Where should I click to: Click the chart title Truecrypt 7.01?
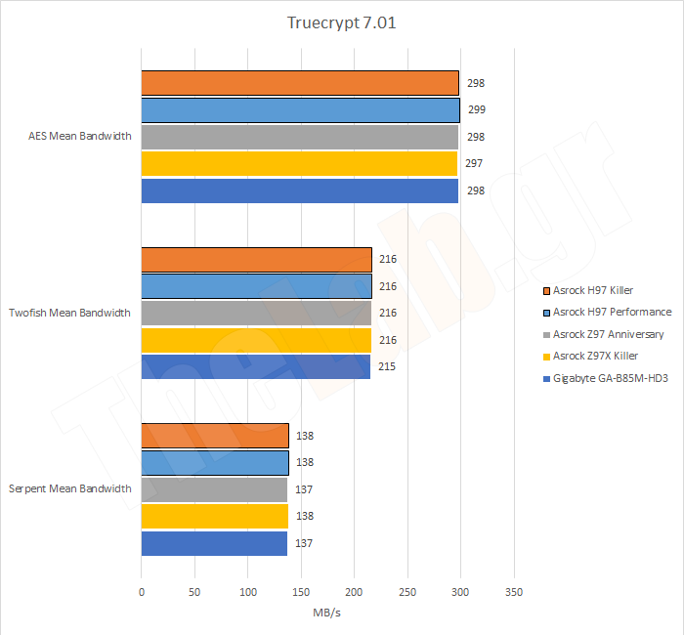342,22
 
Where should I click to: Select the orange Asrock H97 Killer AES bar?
300,83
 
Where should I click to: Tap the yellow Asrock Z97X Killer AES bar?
299,163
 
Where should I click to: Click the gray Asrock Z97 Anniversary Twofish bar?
256,313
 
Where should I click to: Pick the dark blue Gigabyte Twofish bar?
256,366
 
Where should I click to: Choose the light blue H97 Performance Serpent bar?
215,462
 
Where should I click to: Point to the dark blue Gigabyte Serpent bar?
214,543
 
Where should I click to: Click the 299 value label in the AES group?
476,110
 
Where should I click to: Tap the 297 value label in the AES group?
476,164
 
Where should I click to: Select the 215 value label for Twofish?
388,366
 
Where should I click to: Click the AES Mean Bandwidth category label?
80,137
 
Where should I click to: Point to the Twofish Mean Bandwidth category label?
71,313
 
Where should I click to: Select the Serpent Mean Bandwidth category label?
70,488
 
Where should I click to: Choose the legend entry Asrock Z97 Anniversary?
608,334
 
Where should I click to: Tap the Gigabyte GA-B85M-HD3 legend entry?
611,378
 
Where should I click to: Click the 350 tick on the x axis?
514,592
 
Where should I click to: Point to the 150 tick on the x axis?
301,592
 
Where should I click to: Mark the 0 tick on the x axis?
142,592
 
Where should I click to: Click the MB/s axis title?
327,613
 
